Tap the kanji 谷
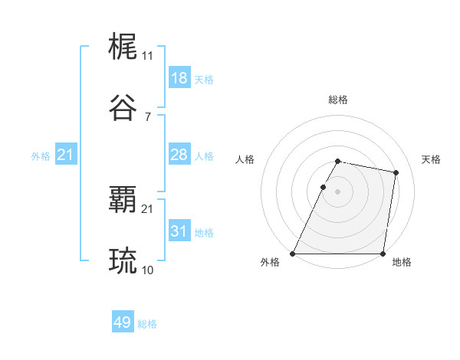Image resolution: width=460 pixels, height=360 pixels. click(123, 108)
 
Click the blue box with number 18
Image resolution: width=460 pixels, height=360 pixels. click(179, 78)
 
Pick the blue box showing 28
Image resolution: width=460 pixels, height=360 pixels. click(179, 155)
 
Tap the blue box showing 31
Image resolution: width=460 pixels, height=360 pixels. click(179, 231)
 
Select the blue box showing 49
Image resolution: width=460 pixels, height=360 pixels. click(123, 322)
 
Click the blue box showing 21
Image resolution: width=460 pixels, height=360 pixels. click(66, 155)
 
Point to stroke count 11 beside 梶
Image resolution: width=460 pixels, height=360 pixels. click(147, 56)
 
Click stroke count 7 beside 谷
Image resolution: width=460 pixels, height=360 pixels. click(147, 116)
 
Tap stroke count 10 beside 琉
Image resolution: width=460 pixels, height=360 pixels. click(147, 270)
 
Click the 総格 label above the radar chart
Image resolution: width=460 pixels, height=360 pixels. click(337, 100)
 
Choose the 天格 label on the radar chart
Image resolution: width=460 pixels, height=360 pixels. click(431, 159)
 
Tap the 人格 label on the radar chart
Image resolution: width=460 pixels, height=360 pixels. click(245, 159)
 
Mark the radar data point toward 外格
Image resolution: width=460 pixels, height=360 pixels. click(293, 254)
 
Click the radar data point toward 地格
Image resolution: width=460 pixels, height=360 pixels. click(383, 254)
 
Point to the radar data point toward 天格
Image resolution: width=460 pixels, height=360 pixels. click(396, 173)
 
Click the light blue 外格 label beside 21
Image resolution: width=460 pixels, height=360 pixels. click(41, 156)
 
